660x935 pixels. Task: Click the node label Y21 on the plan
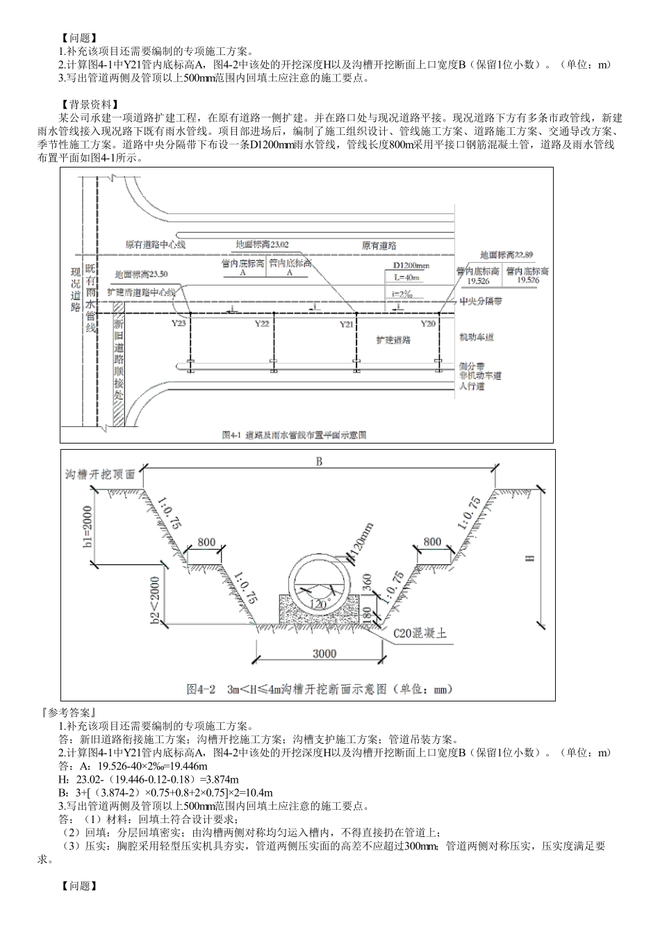[x=346, y=325]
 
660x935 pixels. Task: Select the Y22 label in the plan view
[x=261, y=324]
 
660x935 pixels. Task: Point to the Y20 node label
[x=428, y=324]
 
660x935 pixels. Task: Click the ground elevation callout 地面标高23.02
[x=262, y=245]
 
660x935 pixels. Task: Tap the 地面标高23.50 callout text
[x=141, y=275]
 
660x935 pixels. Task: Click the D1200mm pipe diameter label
[x=411, y=266]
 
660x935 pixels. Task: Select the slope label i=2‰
[x=402, y=293]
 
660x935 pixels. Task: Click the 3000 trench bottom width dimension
[x=324, y=653]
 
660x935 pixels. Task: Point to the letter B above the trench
[x=320, y=462]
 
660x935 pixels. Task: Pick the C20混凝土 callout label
[x=420, y=633]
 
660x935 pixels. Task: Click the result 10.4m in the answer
[x=258, y=792]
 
